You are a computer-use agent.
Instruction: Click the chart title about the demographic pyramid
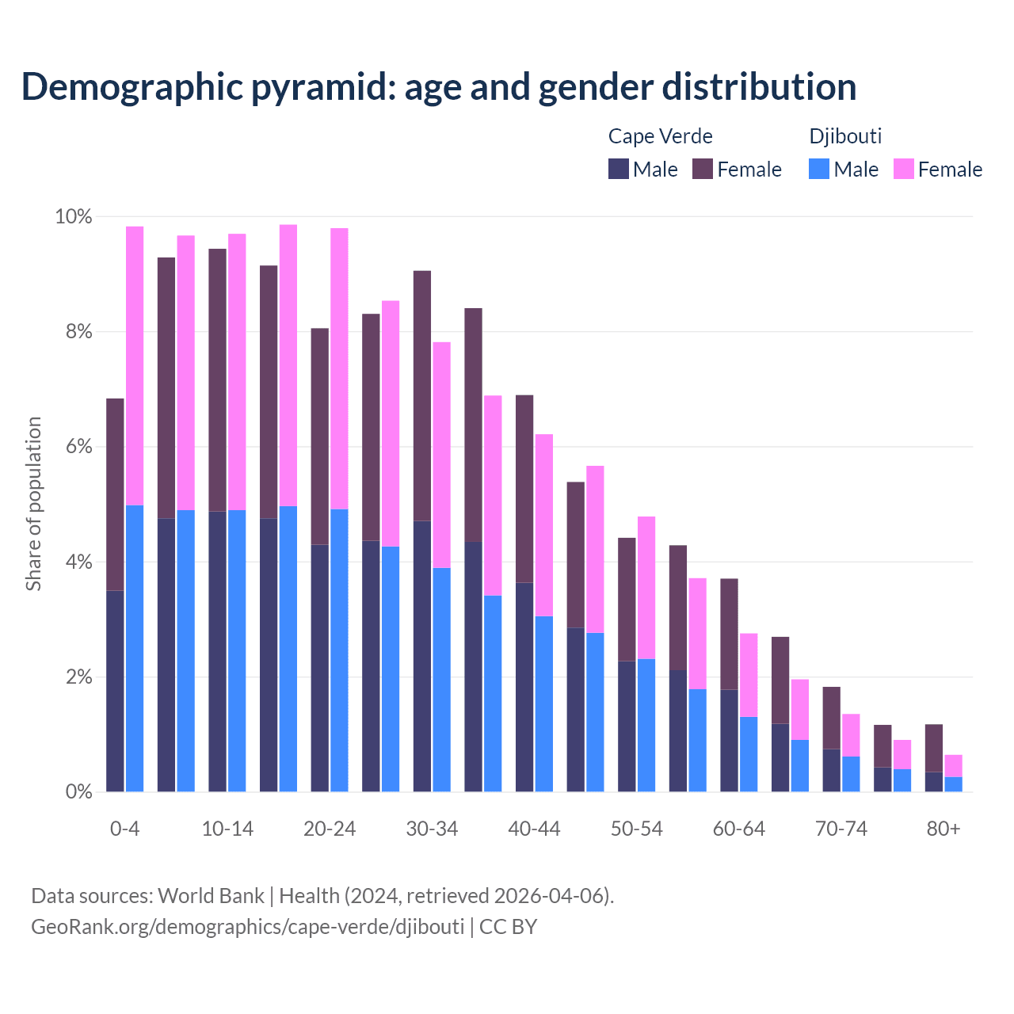pyautogui.click(x=439, y=87)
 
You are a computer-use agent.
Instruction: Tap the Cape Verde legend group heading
pyautogui.click(x=660, y=136)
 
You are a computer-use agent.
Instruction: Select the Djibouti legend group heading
pyautogui.click(x=845, y=136)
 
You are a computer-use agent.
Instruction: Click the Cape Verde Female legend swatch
pyautogui.click(x=703, y=169)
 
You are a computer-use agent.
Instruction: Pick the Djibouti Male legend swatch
pyautogui.click(x=819, y=169)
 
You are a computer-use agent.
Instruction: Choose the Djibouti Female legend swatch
pyautogui.click(x=903, y=169)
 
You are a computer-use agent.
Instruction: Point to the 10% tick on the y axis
pyautogui.click(x=73, y=217)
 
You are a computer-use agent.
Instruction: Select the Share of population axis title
pyautogui.click(x=33, y=504)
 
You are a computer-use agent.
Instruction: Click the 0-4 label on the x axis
pyautogui.click(x=124, y=829)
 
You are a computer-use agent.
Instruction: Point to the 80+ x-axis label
pyautogui.click(x=943, y=829)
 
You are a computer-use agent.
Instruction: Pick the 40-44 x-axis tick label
pyautogui.click(x=534, y=829)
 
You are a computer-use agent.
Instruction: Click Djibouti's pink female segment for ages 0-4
pyautogui.click(x=135, y=364)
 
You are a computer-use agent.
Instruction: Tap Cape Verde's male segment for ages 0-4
pyautogui.click(x=115, y=689)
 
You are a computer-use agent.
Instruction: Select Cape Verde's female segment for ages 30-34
pyautogui.click(x=422, y=396)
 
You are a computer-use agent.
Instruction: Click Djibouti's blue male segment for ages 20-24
pyautogui.click(x=339, y=650)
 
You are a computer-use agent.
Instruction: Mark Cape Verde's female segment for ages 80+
pyautogui.click(x=934, y=748)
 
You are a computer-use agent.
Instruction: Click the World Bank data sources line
pyautogui.click(x=322, y=896)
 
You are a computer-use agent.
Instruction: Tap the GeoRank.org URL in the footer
pyautogui.click(x=247, y=926)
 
